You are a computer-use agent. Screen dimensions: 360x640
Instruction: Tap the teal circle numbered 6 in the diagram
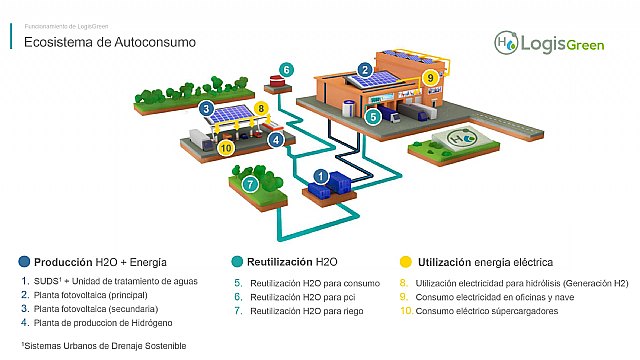pyautogui.click(x=287, y=69)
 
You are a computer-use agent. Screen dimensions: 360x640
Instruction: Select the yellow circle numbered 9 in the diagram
pyautogui.click(x=430, y=76)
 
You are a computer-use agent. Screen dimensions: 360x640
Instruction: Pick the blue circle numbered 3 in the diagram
pyautogui.click(x=205, y=108)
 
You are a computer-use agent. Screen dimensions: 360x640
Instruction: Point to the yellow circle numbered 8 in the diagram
pyautogui.click(x=261, y=108)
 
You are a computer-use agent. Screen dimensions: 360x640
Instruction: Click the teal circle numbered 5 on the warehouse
pyautogui.click(x=371, y=116)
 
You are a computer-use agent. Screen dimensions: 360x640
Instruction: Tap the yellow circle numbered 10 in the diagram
pyautogui.click(x=226, y=147)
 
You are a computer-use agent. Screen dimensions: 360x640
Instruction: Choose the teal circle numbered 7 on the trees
pyautogui.click(x=250, y=184)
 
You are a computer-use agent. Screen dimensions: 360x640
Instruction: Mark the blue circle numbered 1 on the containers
pyautogui.click(x=320, y=176)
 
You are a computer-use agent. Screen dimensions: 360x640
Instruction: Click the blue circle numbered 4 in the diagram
pyautogui.click(x=275, y=140)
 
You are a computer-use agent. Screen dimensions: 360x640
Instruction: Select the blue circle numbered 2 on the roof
pyautogui.click(x=366, y=70)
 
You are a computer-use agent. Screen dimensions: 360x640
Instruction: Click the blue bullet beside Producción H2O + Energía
pyautogui.click(x=24, y=261)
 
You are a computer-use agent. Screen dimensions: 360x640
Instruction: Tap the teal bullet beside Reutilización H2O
pyautogui.click(x=236, y=261)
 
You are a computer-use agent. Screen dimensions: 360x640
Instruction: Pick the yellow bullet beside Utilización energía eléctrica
pyautogui.click(x=405, y=261)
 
